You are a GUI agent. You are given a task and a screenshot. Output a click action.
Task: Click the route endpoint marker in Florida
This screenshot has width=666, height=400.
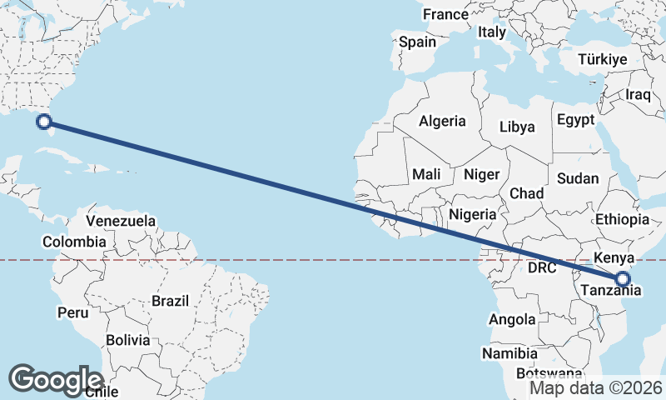[44, 122]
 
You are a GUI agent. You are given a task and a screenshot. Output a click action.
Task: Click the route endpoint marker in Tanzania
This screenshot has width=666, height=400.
[623, 279]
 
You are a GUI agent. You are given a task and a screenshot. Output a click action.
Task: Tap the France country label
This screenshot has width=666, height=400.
[445, 14]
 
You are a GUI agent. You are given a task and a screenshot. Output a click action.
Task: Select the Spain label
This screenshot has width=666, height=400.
[417, 41]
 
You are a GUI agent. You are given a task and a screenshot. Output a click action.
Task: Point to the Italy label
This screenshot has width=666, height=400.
[492, 32]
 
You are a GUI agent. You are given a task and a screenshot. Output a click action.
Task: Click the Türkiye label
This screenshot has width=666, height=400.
[604, 59]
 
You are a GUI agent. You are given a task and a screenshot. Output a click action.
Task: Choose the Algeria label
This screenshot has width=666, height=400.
[442, 121]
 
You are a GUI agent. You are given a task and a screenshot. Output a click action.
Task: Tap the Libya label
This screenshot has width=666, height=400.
[517, 127]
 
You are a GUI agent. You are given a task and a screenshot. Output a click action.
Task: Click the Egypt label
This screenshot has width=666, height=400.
[576, 119]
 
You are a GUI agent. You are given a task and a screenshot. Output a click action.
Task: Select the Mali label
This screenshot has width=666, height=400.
[426, 174]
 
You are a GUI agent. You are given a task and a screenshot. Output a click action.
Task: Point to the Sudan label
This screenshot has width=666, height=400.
[578, 178]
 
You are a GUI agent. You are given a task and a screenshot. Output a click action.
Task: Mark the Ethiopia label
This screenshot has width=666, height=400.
[622, 219]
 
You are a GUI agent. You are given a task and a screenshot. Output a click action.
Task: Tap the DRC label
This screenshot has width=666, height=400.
[541, 267]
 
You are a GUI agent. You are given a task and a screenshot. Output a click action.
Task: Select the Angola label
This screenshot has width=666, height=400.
[513, 319]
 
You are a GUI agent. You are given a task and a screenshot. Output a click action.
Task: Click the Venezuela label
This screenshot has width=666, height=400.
[121, 221]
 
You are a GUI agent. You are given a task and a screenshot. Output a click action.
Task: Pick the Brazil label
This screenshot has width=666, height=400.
[171, 300]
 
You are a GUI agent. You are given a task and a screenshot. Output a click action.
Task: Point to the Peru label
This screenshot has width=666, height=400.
[72, 312]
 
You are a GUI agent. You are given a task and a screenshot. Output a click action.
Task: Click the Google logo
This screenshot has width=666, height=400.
[56, 380]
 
